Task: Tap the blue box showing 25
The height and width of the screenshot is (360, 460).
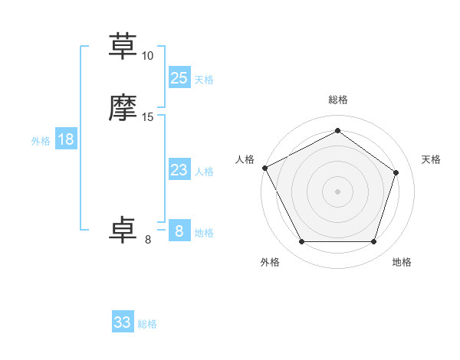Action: coord(179,77)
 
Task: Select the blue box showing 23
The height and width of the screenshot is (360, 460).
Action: coord(179,170)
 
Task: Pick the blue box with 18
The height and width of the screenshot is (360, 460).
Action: coord(66,139)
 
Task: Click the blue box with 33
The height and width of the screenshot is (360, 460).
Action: coord(123,322)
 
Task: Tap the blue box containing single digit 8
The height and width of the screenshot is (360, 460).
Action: coord(179,231)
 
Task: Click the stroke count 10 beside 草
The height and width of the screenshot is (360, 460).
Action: coord(148,56)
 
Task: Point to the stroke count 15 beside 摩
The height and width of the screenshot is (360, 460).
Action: coord(148,117)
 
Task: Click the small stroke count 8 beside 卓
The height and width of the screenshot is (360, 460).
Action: coord(148,240)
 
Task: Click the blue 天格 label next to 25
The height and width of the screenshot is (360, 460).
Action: coord(204,79)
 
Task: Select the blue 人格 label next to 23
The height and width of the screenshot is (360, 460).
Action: coord(204,172)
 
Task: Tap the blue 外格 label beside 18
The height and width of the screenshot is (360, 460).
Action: coord(41,141)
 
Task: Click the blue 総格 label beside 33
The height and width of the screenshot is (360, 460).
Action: coord(147,324)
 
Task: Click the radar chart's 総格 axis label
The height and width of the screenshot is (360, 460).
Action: coord(337,100)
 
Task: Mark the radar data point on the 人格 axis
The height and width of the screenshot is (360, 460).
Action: coord(264,168)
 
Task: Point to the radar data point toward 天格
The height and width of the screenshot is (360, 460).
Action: coord(396,172)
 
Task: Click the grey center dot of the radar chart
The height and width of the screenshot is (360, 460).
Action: coord(337,191)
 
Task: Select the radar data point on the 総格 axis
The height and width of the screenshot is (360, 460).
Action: coord(337,131)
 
